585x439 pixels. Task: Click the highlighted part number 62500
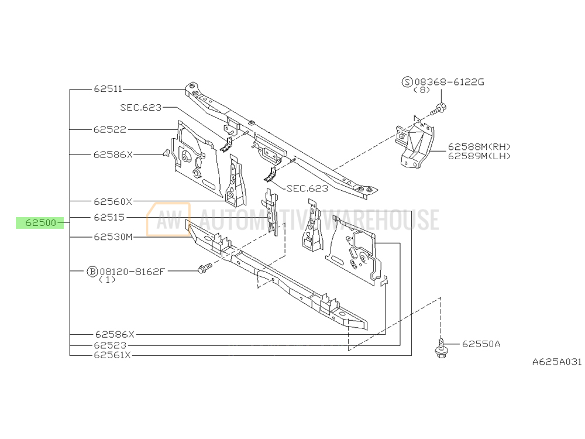coord(40,223)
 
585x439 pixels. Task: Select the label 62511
coord(108,89)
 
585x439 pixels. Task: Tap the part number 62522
coord(110,129)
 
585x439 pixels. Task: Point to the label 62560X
coord(113,201)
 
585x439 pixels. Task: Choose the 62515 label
coord(109,217)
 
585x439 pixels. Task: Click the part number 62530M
coord(113,237)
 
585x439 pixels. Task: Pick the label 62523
coord(110,345)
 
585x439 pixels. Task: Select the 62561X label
coord(112,355)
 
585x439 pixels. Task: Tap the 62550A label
coord(481,344)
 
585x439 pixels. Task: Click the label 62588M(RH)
coord(479,147)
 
